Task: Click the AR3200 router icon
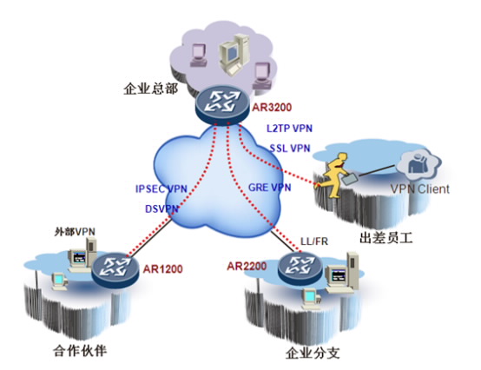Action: [222, 104]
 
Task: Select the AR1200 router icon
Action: [115, 270]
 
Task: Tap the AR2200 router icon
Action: [300, 268]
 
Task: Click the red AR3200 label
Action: [272, 108]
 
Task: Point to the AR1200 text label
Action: [163, 269]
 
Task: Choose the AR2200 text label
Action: [247, 266]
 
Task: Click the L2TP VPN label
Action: [289, 128]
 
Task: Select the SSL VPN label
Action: [290, 149]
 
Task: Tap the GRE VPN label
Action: [270, 187]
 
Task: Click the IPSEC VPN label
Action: [161, 188]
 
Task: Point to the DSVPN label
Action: [161, 208]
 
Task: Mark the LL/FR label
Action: [314, 241]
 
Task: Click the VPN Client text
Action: [420, 188]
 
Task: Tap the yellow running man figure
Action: [333, 175]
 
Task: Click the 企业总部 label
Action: [150, 89]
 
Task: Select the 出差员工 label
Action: [385, 238]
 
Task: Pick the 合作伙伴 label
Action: [80, 350]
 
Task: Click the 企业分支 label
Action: [313, 353]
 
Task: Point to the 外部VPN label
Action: [75, 232]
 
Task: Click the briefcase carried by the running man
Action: [350, 179]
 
